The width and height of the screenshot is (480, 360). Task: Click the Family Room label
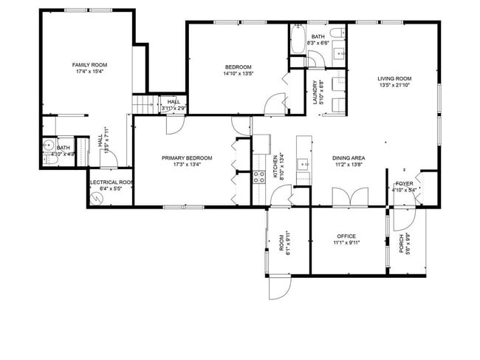84,65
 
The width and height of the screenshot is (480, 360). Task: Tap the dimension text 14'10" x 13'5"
238,73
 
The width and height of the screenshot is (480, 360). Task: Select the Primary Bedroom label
187,157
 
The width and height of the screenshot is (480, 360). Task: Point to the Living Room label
394,78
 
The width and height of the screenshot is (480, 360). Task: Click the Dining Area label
348,157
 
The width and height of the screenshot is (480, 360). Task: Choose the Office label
346,236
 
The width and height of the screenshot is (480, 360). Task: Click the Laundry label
315,92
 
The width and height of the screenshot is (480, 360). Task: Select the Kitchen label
275,168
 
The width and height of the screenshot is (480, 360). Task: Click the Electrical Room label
110,182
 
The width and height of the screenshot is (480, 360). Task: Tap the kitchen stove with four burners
259,177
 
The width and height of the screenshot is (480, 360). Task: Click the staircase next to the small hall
145,105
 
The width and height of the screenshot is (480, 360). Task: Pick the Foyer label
405,183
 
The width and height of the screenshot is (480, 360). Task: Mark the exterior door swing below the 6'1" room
279,287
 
